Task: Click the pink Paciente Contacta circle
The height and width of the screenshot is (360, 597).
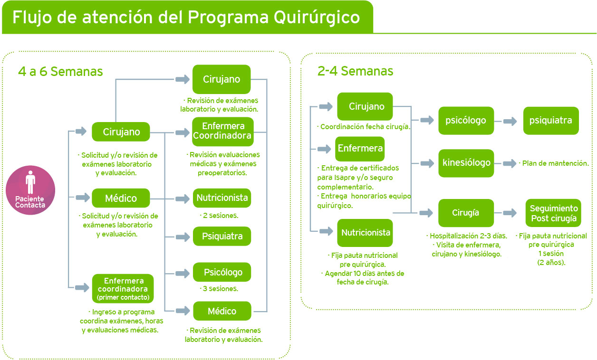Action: click(x=30, y=190)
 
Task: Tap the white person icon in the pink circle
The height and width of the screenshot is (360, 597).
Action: click(x=30, y=182)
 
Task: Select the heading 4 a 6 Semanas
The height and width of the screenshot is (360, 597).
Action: click(x=60, y=71)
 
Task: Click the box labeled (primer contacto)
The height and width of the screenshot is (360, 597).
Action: click(x=123, y=288)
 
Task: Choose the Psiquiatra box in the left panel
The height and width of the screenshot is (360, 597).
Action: click(x=222, y=236)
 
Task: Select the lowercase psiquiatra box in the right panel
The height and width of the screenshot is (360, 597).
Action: click(x=551, y=120)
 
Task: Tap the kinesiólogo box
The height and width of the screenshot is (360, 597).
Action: click(x=466, y=163)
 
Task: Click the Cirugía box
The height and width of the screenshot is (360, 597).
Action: click(x=466, y=213)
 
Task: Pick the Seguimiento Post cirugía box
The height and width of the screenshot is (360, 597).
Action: click(x=553, y=213)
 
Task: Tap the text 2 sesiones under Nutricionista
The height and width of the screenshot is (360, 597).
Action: click(x=219, y=216)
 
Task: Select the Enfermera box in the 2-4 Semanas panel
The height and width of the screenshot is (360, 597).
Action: click(x=360, y=148)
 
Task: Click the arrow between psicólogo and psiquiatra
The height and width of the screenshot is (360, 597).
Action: click(x=510, y=121)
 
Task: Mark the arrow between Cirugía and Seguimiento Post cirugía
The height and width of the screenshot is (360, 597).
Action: click(x=510, y=213)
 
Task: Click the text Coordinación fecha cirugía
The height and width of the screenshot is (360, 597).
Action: click(x=364, y=127)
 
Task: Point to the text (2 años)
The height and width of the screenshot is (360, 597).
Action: click(x=551, y=262)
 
